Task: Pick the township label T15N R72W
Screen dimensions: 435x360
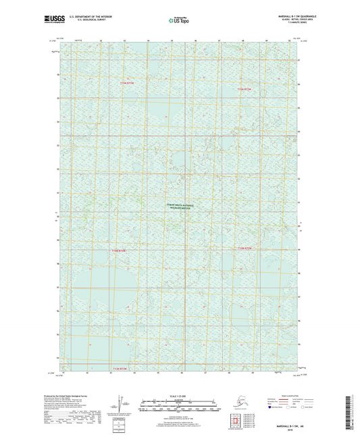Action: click(x=244, y=88)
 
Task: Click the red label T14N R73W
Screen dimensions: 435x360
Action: click(x=119, y=251)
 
